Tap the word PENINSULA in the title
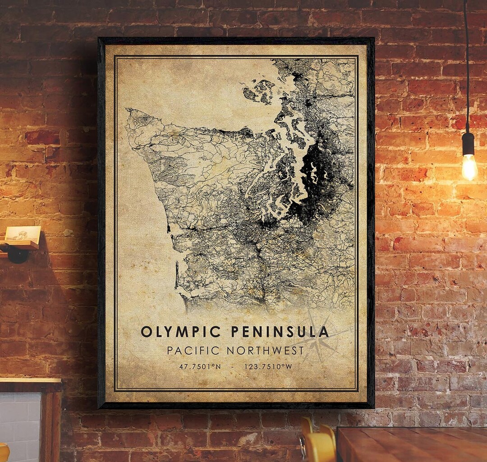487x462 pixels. tap(280, 332)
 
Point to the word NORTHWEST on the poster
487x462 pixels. tap(266, 350)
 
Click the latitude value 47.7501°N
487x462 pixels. tap(200, 366)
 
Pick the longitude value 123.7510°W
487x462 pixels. tap(268, 366)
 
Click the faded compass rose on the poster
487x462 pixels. tap(321, 339)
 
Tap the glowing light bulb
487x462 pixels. tap(469, 167)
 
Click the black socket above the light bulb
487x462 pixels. tap(468, 143)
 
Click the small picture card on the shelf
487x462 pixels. tap(23, 233)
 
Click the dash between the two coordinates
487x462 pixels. tap(232, 366)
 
